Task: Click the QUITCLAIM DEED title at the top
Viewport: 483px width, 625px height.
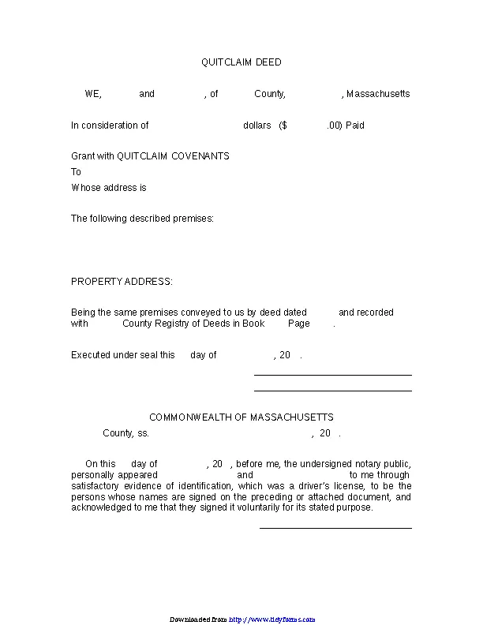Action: coord(241,62)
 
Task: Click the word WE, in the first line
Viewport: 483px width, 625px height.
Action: coord(93,94)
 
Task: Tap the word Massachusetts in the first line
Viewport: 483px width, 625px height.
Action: coord(378,94)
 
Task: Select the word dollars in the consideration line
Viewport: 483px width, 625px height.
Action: coord(257,125)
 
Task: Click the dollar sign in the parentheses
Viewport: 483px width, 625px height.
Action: coord(283,125)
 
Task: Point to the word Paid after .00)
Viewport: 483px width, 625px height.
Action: coord(354,125)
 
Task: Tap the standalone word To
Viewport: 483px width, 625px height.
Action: coord(76,172)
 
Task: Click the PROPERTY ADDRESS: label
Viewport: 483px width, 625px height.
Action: coord(122,282)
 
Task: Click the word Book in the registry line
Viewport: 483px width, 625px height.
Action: coord(253,324)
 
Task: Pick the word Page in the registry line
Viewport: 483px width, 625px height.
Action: coord(298,324)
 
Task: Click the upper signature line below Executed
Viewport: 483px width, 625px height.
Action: coord(332,376)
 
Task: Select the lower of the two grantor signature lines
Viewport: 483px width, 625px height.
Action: coord(332,391)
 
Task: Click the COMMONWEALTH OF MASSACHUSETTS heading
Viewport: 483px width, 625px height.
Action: coord(241,417)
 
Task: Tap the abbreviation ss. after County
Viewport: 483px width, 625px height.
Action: coord(143,433)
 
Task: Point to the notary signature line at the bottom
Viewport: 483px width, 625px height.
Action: coord(335,528)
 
